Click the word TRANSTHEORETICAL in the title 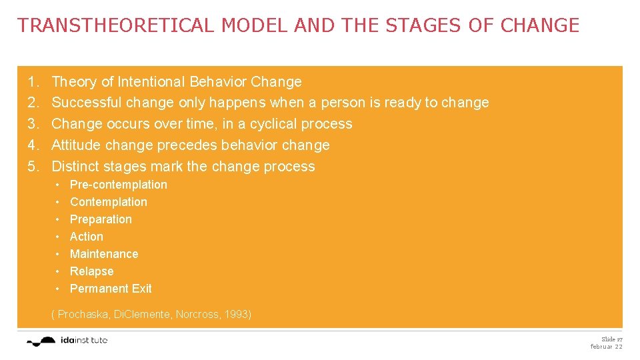pyautogui.click(x=116, y=26)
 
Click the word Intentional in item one pyautogui.click(x=151, y=82)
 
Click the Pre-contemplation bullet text pyautogui.click(x=119, y=185)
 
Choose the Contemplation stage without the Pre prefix pyautogui.click(x=109, y=202)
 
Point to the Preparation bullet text pyautogui.click(x=101, y=219)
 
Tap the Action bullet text pyautogui.click(x=87, y=237)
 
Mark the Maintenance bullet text pyautogui.click(x=104, y=254)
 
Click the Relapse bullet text pyautogui.click(x=92, y=271)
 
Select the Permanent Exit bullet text pyautogui.click(x=111, y=289)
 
